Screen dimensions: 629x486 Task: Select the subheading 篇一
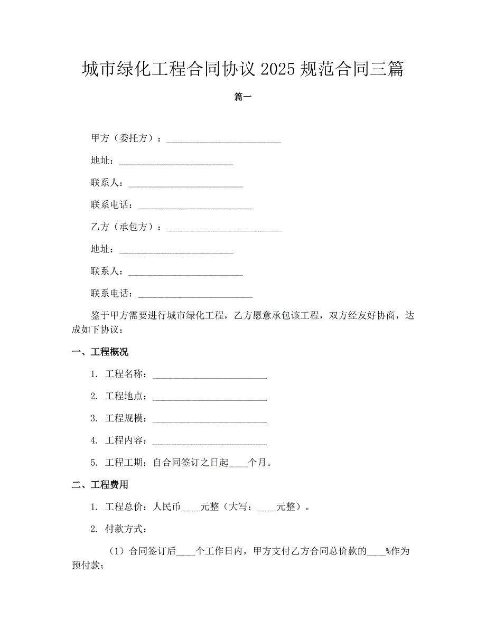[242, 97]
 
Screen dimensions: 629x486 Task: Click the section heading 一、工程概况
[100, 352]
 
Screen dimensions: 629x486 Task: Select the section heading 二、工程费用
[100, 485]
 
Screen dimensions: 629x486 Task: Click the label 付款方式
[126, 529]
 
